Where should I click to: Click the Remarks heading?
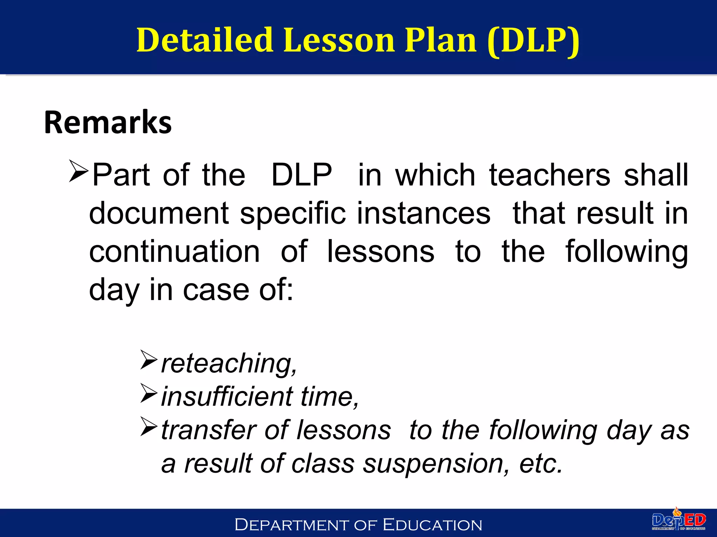108,122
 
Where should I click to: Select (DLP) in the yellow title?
533,41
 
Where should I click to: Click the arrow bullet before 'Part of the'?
78,171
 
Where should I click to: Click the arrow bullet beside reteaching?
148,360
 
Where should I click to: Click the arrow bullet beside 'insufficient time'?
148,393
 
